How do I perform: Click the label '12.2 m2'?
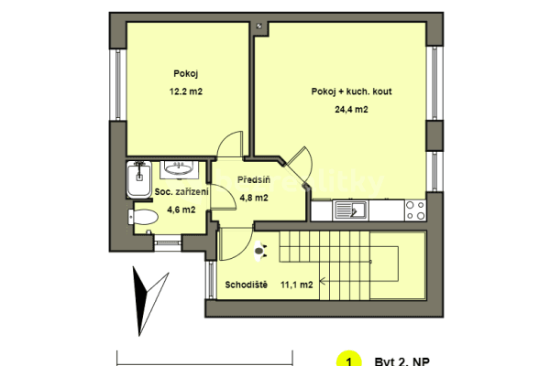tap(186, 91)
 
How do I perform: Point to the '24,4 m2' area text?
tap(351, 110)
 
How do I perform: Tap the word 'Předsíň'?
tap(252, 180)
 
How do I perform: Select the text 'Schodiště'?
tap(246, 285)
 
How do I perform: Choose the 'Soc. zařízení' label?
tap(182, 192)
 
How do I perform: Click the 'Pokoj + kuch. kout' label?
tap(352, 91)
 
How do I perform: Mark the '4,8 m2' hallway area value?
tap(253, 198)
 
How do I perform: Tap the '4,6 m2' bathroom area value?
tap(181, 210)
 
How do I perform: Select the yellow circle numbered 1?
tap(347, 360)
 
